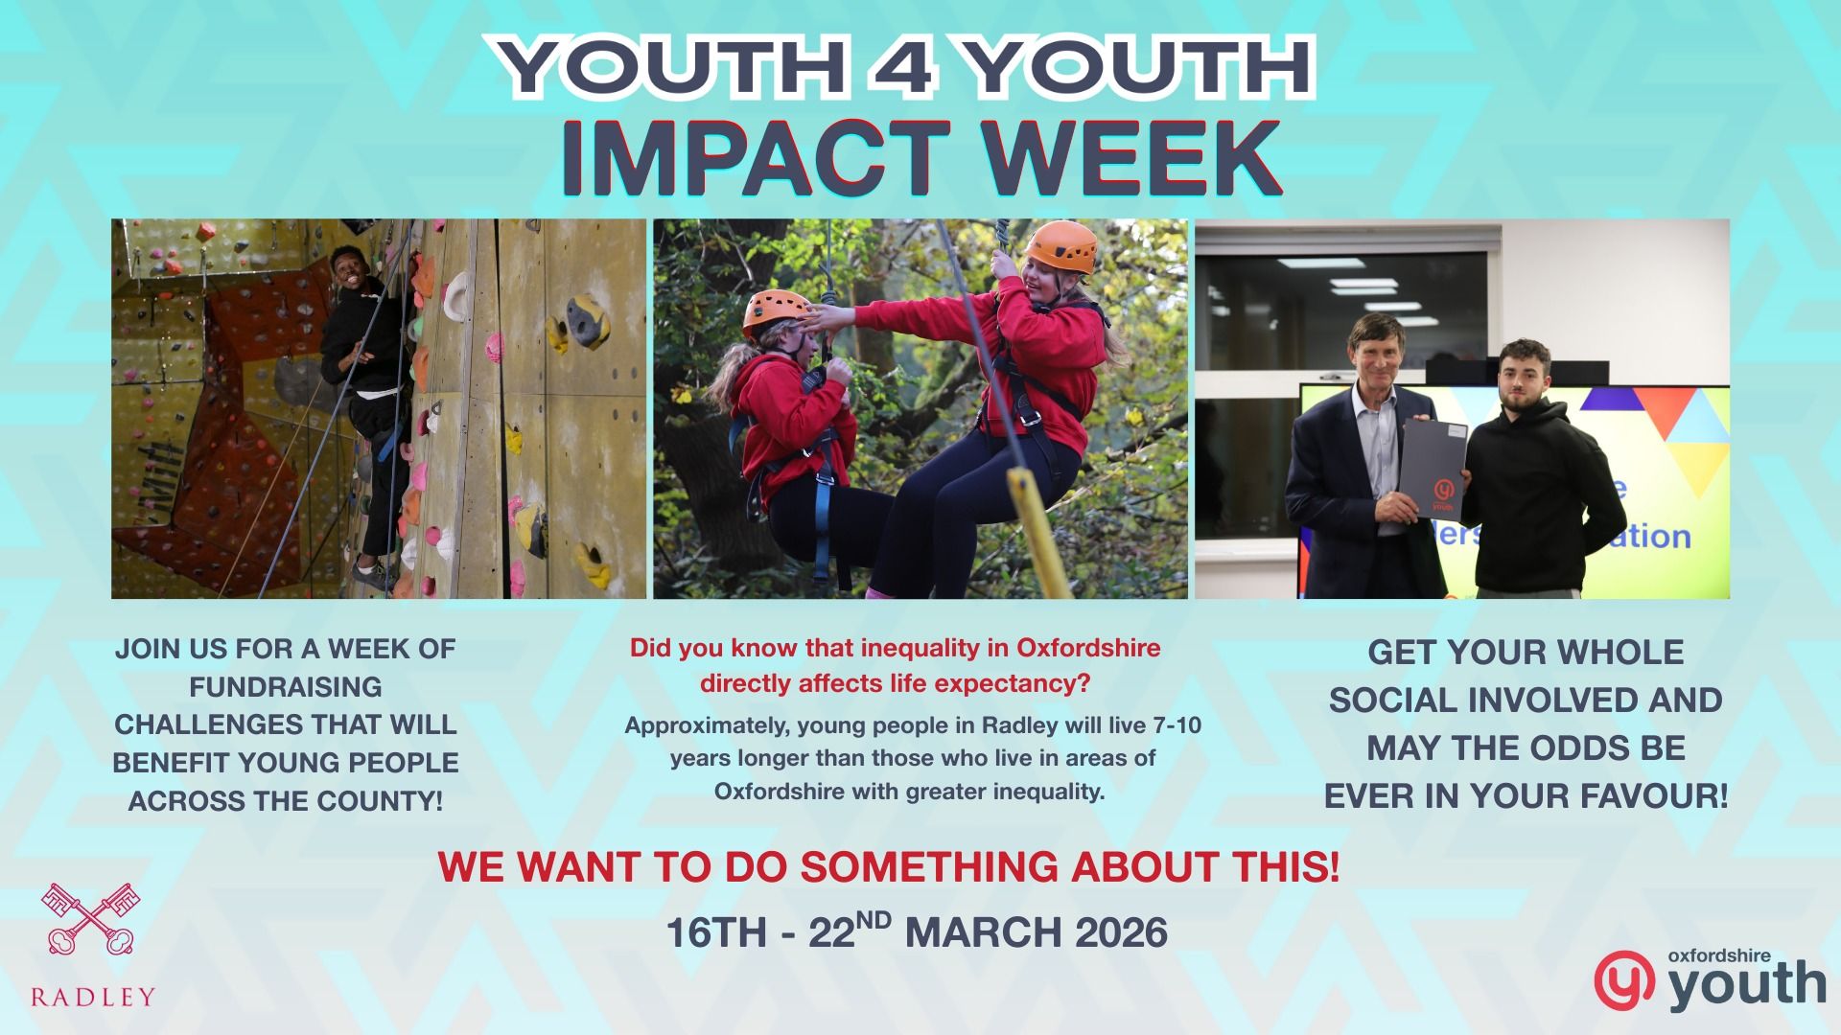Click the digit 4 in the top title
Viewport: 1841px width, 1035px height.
pos(907,68)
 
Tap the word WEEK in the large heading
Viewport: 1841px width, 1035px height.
pos(1119,157)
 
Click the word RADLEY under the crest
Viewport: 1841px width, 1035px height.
pos(92,997)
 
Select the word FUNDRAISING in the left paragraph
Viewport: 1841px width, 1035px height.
pos(286,687)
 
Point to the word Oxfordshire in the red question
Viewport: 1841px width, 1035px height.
pos(1088,648)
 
